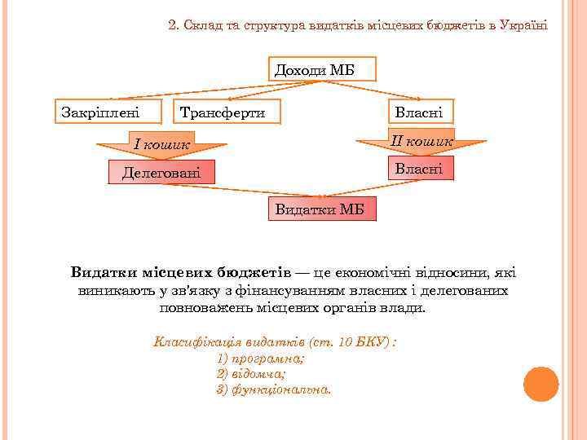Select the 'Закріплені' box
click(x=99, y=112)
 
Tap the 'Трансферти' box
click(x=222, y=112)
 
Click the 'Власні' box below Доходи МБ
click(x=418, y=112)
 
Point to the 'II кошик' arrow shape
click(x=419, y=142)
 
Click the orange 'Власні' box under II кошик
click(x=418, y=169)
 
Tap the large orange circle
click(x=540, y=385)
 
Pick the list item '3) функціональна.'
click(x=274, y=389)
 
